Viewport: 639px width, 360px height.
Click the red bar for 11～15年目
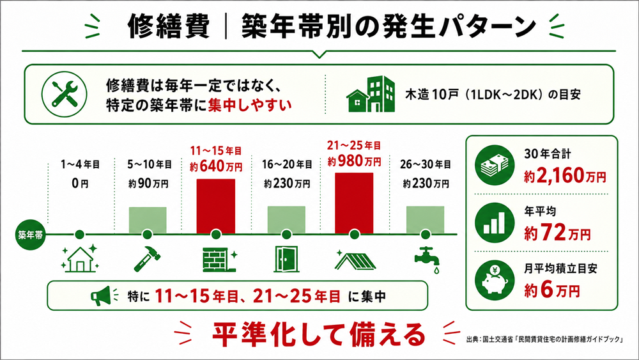point(216,207)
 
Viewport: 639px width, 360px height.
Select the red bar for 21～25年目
point(354,203)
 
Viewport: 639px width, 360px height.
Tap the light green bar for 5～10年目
point(148,220)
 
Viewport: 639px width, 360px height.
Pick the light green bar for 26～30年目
point(425,220)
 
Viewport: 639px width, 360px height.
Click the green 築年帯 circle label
point(31,235)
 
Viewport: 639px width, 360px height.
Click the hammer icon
point(148,258)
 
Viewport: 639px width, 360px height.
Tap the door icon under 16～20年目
point(286,259)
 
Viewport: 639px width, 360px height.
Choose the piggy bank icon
point(495,281)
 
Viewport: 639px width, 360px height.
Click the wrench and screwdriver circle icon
point(65,94)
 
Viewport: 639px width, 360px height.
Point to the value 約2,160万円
point(565,176)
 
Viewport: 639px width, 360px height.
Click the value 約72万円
point(557,233)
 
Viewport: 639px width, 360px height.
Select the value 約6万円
point(552,290)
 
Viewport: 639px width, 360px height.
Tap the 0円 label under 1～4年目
point(80,184)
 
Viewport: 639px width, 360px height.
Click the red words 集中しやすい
point(250,106)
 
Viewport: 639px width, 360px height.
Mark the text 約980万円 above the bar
point(354,161)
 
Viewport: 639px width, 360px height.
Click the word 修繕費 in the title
point(169,27)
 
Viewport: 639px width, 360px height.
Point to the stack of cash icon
point(495,165)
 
